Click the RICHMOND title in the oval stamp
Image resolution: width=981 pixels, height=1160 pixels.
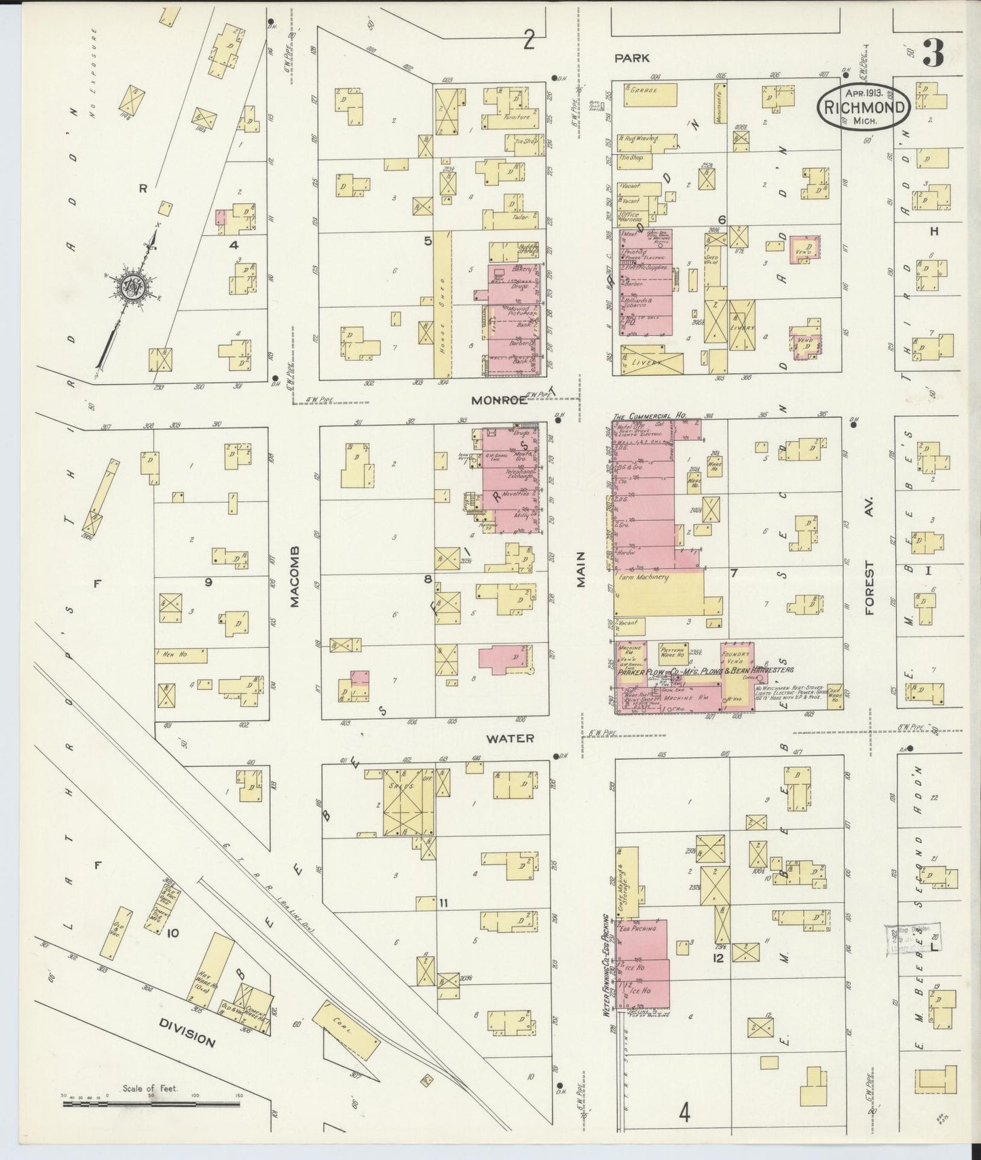pos(864,107)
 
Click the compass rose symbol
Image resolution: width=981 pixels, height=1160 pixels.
pos(134,287)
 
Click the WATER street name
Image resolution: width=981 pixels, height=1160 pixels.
pos(510,737)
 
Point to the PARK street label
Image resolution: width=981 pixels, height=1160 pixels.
pos(632,59)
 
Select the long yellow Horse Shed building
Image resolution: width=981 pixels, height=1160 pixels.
pos(442,304)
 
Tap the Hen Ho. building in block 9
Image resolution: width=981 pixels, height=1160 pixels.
pos(181,655)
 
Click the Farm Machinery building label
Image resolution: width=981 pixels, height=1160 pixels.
pos(643,577)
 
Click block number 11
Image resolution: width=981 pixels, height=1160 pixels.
pos(443,902)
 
